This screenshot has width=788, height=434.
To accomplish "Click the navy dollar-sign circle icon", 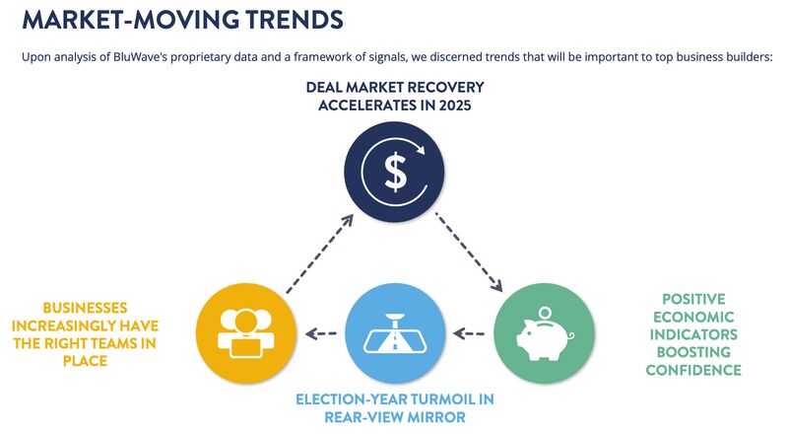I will [x=395, y=172].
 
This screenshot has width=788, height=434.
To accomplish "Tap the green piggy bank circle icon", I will [x=544, y=332].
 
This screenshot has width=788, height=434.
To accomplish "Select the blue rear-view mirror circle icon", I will [x=395, y=332].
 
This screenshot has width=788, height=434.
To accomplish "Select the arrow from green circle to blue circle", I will [x=470, y=333].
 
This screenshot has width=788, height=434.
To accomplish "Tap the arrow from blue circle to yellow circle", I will [x=320, y=333].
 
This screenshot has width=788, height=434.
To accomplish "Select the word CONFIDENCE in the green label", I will [x=694, y=370].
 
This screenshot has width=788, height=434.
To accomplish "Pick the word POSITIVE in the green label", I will [x=694, y=298].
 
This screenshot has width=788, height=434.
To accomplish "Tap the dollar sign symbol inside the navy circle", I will [x=395, y=173].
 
